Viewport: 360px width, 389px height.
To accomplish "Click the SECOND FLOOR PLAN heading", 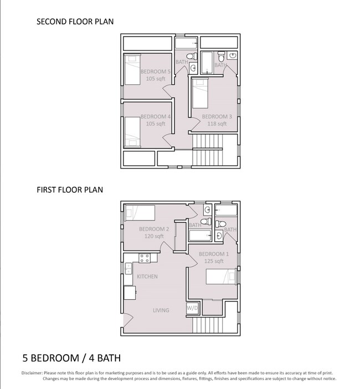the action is tap(75, 22).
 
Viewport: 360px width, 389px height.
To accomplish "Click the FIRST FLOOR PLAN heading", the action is tap(70, 190).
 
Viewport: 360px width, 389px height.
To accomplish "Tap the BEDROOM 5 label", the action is tap(156, 71).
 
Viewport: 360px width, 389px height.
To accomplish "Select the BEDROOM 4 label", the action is tap(156, 116).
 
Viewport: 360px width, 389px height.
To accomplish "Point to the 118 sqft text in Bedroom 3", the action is tap(217, 124).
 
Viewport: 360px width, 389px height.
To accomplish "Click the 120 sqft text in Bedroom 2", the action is tap(154, 236).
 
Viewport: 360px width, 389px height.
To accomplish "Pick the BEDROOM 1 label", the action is tap(214, 254).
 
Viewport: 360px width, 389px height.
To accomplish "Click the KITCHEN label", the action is tap(147, 277).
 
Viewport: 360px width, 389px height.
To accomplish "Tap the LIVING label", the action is tap(161, 310).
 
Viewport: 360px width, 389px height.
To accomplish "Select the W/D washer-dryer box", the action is tap(192, 308).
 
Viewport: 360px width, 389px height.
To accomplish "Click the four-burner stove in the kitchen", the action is tap(145, 258).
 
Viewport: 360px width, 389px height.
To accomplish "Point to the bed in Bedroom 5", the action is tap(132, 70).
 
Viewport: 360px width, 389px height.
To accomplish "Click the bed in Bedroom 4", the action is tap(132, 132).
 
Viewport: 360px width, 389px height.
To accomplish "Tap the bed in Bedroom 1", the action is tap(220, 277).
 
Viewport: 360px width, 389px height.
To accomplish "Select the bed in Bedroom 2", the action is tap(140, 213).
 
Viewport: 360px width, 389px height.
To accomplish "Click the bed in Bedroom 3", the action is tap(200, 93).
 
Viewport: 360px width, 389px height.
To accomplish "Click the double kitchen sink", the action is tap(128, 269).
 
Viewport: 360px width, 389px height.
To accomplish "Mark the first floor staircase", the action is tap(208, 325).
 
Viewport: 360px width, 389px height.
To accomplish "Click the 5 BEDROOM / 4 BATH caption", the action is tap(71, 358).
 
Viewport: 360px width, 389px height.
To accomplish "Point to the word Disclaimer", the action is tap(32, 373).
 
